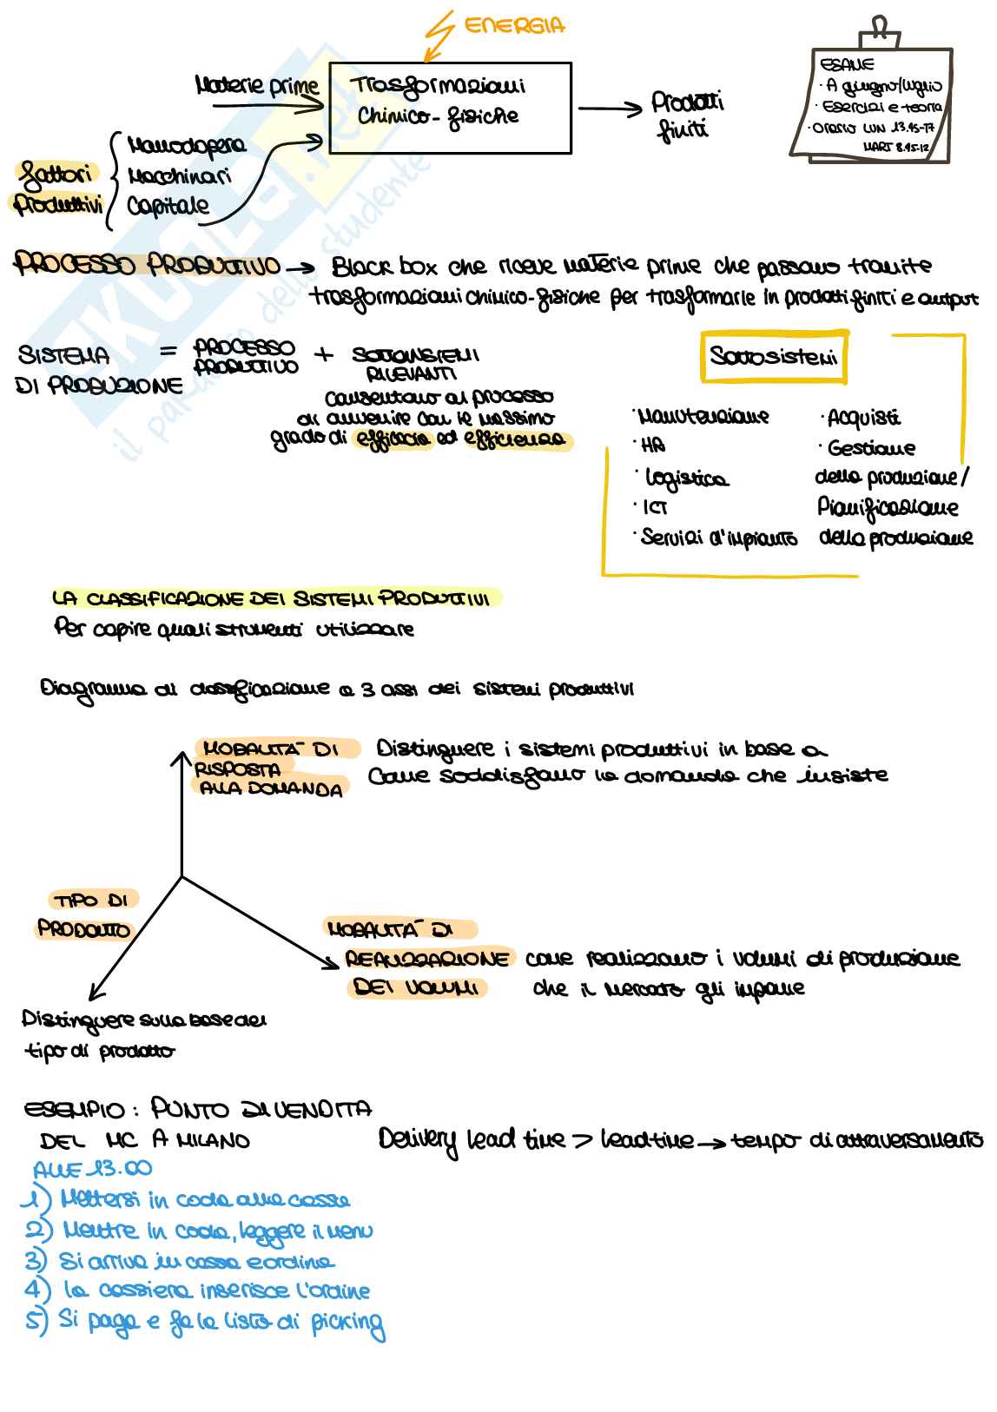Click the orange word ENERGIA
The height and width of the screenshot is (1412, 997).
click(x=515, y=26)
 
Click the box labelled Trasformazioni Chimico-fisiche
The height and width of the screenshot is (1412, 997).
click(x=450, y=108)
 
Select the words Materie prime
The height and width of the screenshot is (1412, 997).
click(x=257, y=86)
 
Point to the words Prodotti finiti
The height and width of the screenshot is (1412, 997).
click(x=687, y=115)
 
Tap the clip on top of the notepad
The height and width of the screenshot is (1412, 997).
click(x=880, y=31)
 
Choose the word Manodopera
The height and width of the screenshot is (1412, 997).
click(x=186, y=145)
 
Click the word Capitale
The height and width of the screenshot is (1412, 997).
click(x=168, y=206)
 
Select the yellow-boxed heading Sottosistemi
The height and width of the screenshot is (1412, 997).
click(x=774, y=356)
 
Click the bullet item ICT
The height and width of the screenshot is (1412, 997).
click(x=654, y=508)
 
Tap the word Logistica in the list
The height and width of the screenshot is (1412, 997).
click(x=686, y=478)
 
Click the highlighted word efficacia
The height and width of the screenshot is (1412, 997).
click(x=393, y=439)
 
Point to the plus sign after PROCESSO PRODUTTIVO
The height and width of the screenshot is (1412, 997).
click(x=323, y=354)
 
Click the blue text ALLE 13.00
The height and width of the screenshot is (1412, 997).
click(x=93, y=1169)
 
